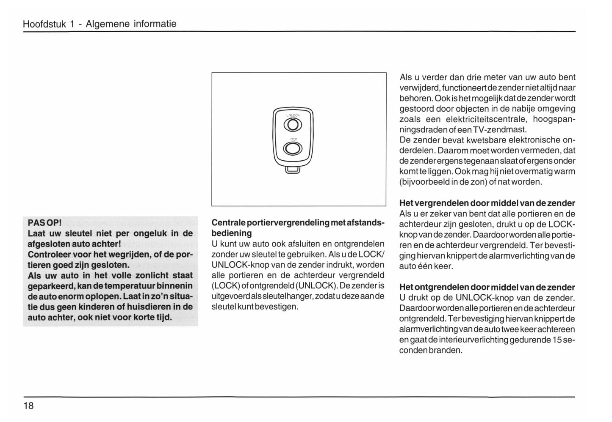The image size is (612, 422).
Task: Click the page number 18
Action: tap(28, 406)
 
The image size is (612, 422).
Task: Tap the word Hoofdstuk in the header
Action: tap(44, 24)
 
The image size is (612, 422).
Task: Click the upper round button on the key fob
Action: tap(293, 125)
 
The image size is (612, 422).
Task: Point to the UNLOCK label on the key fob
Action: tap(293, 115)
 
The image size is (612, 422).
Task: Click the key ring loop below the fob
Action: tap(293, 170)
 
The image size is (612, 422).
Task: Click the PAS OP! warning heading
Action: tap(44, 222)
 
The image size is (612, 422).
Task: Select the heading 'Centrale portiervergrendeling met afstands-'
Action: tap(297, 222)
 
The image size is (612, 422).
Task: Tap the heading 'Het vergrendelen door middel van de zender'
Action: tap(487, 203)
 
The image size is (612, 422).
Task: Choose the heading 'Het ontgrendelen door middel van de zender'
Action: tap(487, 287)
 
